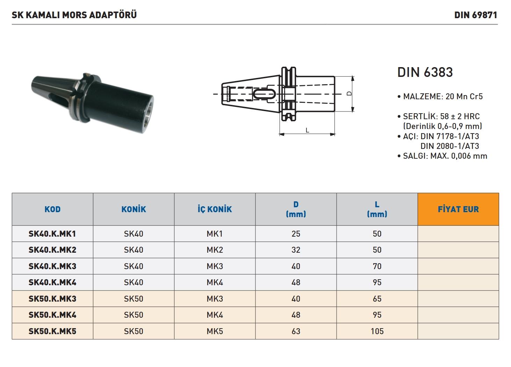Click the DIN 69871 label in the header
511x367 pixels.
(475, 15)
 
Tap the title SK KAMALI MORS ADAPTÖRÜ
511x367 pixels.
(74, 15)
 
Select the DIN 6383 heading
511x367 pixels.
(425, 72)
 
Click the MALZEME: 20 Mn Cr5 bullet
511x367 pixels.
(440, 96)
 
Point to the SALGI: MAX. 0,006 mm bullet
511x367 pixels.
(442, 156)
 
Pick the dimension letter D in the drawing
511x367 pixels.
(349, 94)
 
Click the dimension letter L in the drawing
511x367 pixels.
(307, 130)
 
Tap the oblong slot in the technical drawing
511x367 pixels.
(264, 94)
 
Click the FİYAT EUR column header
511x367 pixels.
(458, 209)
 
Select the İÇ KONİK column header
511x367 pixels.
(215, 209)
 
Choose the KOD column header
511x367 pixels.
(52, 209)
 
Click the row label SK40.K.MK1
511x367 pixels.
(52, 234)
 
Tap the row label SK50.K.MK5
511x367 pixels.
(52, 331)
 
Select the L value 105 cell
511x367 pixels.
(377, 331)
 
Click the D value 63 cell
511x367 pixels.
(296, 331)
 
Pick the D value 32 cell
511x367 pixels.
(296, 250)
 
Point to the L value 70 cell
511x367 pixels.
(377, 266)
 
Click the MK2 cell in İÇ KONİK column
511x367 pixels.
(215, 250)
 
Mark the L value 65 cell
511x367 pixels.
(377, 299)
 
